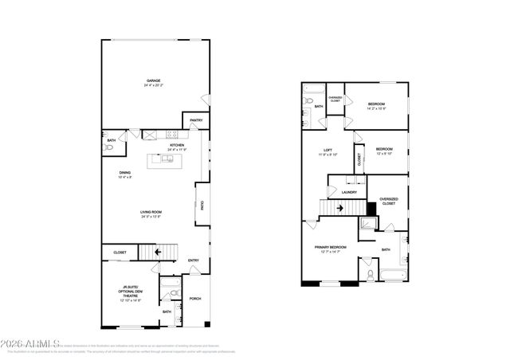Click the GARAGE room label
click(153, 81)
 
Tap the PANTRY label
click(196, 120)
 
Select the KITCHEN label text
click(177, 145)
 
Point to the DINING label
click(125, 173)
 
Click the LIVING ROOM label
click(151, 211)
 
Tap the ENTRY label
click(194, 260)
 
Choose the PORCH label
click(196, 299)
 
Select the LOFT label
click(328, 151)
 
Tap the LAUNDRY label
click(349, 192)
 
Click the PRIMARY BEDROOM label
click(330, 248)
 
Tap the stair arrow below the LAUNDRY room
click(341, 209)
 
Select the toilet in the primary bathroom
click(371, 275)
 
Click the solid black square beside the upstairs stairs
click(371, 208)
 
